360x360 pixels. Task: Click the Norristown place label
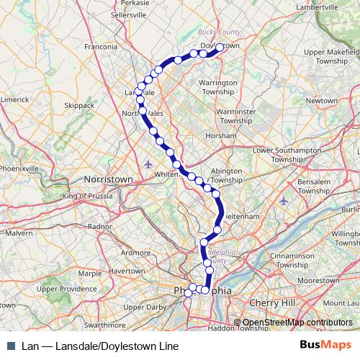click(x=109, y=178)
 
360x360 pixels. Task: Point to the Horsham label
click(x=221, y=135)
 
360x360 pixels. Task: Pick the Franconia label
click(x=101, y=48)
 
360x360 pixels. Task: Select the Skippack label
click(x=79, y=105)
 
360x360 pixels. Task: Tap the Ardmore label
click(x=136, y=253)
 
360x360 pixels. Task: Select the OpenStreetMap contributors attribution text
click(x=297, y=323)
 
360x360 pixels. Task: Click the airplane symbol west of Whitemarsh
click(x=148, y=162)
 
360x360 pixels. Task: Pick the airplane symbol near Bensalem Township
click(x=284, y=200)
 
